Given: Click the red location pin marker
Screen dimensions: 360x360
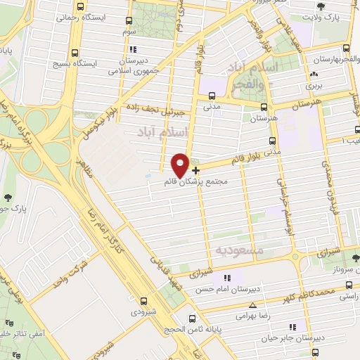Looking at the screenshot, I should [x=181, y=165].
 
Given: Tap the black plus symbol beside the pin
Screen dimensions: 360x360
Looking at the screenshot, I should [x=195, y=169].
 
